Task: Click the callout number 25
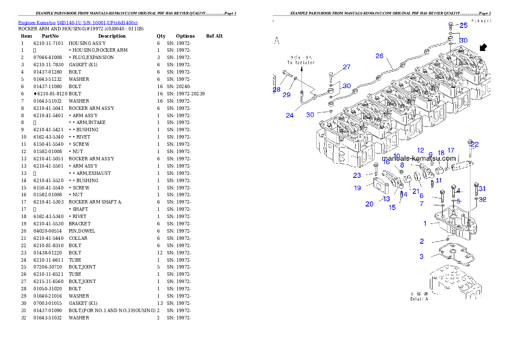coord(463,25)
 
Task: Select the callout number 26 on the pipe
coord(379,56)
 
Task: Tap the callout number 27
coord(346,67)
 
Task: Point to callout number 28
coord(277,90)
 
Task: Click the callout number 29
coord(286,95)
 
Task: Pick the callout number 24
coord(290,115)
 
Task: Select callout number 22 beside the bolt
coord(475,145)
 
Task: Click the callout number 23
coord(357,175)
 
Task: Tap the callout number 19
coord(358,188)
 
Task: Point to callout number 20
coord(369,204)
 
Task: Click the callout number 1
coord(425,223)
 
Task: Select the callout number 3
coord(422,257)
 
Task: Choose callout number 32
coord(482,199)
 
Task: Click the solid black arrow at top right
coord(483,47)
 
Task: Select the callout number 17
coord(451,150)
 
